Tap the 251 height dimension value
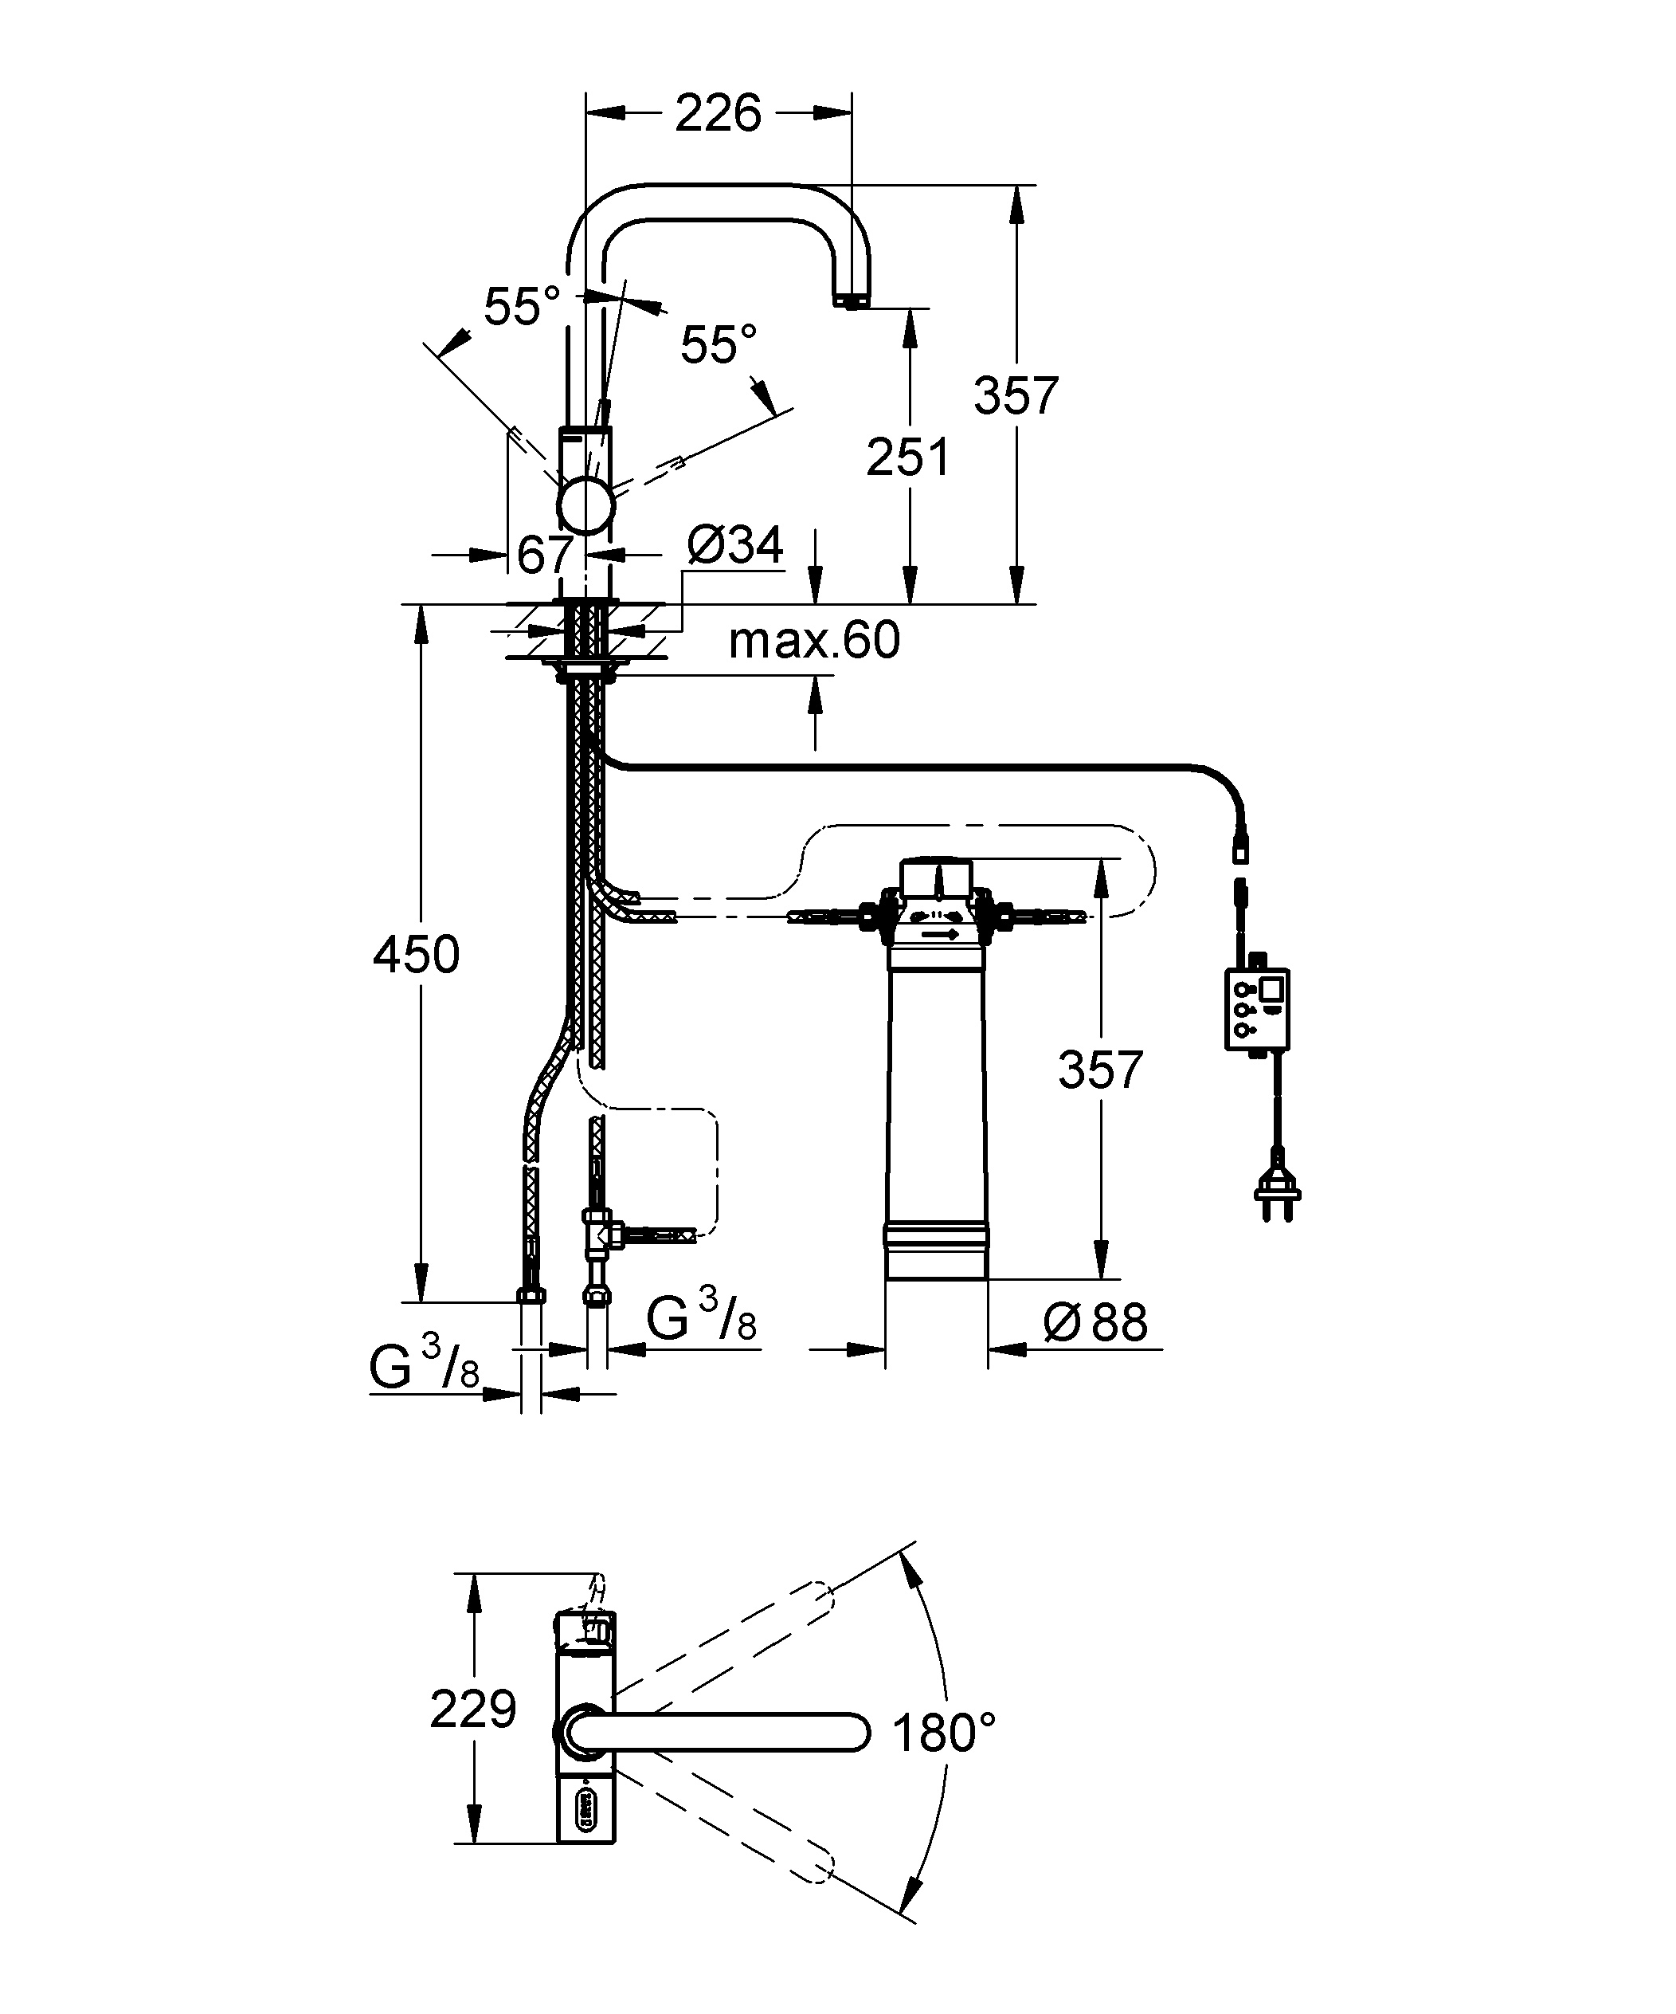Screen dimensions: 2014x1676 [907, 457]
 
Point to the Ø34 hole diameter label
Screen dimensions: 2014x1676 [735, 546]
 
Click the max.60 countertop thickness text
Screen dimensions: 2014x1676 [814, 640]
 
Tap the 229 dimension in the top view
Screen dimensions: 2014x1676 [472, 1708]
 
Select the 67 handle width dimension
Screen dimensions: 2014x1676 [545, 555]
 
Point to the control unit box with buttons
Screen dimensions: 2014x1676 [1257, 1009]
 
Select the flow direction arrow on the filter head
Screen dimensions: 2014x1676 [941, 933]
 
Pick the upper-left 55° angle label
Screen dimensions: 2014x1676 [521, 307]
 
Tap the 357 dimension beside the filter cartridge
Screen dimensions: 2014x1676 [1100, 1070]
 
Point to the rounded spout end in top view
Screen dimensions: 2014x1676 [853, 1732]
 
